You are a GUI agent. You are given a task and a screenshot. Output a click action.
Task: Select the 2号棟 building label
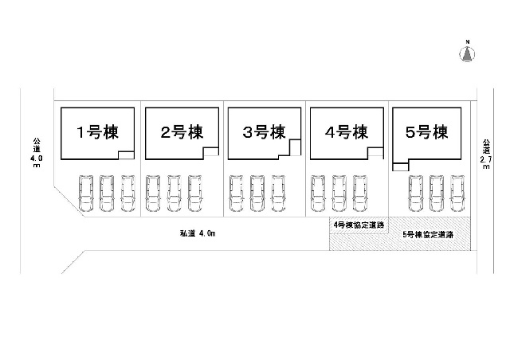[x=179, y=132]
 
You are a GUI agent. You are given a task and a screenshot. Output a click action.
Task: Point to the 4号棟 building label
[x=344, y=132]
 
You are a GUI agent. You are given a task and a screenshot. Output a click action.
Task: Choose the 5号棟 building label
[x=426, y=132]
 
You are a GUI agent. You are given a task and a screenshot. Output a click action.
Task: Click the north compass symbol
[x=468, y=52]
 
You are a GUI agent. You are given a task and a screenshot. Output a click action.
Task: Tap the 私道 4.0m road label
[x=198, y=234]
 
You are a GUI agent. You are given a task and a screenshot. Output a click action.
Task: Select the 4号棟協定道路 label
[x=358, y=225]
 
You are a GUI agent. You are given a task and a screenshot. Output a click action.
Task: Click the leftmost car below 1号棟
[x=85, y=192]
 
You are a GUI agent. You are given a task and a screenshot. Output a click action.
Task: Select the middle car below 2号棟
[x=175, y=192]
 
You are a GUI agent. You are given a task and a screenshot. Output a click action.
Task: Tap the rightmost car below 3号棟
[x=278, y=192]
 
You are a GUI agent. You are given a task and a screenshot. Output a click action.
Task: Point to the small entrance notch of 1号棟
[x=126, y=156]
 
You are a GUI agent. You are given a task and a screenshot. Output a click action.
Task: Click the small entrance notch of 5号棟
[x=400, y=165]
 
